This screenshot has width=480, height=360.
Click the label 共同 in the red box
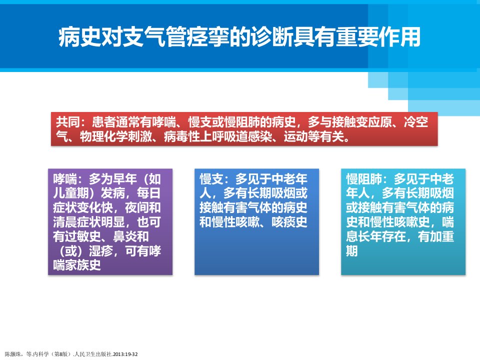[x=68, y=122]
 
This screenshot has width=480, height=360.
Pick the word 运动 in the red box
[x=295, y=136]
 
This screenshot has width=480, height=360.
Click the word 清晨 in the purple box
[x=65, y=222]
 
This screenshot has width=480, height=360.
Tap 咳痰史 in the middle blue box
[x=289, y=222]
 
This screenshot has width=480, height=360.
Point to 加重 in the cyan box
[x=441, y=236]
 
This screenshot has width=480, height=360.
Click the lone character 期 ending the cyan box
[x=352, y=251]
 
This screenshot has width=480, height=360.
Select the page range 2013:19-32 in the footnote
[x=125, y=354]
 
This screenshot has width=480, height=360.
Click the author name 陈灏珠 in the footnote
[x=12, y=354]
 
